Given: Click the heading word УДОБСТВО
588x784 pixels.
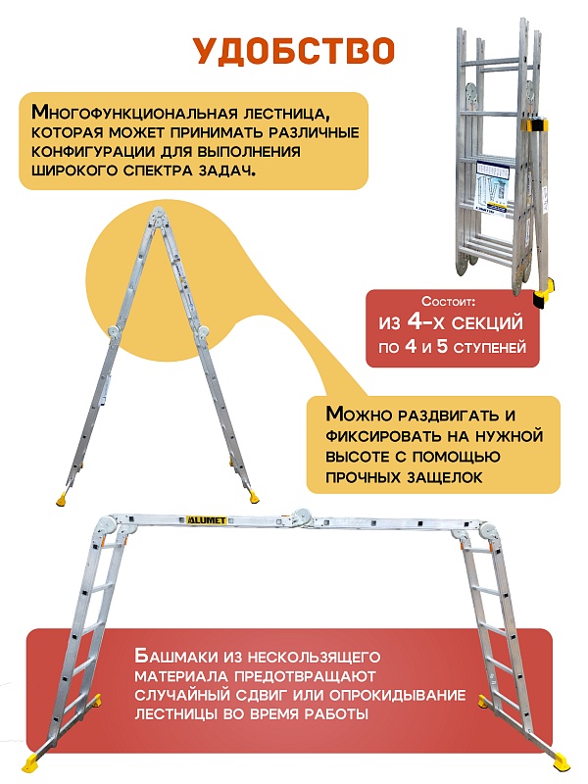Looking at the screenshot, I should click(x=293, y=50).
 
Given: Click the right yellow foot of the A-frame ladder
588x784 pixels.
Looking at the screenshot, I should click(x=257, y=494).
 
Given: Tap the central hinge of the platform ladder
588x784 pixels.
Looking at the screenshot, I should click(x=304, y=516).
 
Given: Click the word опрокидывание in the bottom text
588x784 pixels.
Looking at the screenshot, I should click(x=376, y=695).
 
